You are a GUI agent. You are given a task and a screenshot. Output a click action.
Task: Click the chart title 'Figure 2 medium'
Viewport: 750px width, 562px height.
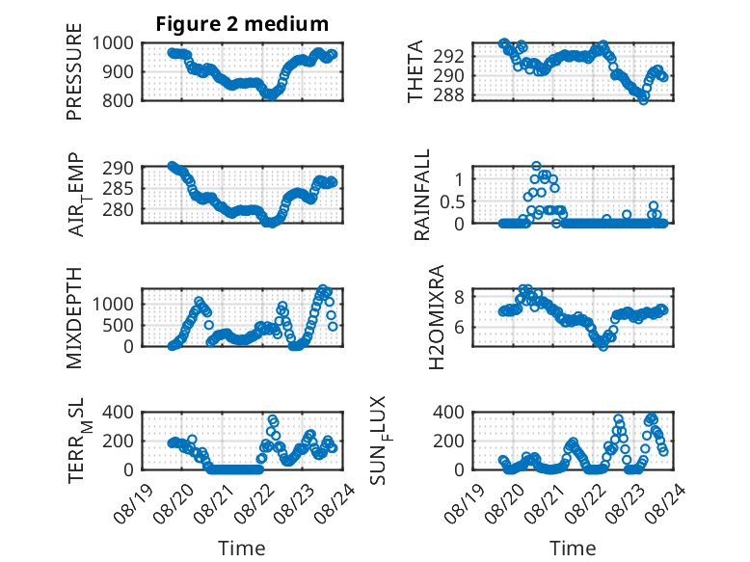click(242, 24)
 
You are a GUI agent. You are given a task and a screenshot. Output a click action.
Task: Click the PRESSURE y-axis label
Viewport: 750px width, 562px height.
click(74, 71)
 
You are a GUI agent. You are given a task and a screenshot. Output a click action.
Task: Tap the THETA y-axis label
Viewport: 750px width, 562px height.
click(415, 71)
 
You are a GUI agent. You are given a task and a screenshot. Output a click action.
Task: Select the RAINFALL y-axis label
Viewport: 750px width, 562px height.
click(422, 195)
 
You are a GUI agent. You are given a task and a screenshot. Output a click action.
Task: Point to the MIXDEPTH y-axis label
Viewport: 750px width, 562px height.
click(74, 318)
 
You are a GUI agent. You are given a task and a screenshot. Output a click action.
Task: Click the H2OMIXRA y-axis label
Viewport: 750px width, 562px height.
click(437, 317)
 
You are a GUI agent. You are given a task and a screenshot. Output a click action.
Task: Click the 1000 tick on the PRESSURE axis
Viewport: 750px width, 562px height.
click(113, 43)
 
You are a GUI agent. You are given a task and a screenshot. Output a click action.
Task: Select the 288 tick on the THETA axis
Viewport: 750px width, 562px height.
click(448, 95)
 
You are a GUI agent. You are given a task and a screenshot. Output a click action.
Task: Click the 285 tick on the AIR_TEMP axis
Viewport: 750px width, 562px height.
click(118, 189)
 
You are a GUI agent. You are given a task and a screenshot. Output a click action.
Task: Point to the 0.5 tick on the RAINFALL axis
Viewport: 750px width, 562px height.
click(452, 201)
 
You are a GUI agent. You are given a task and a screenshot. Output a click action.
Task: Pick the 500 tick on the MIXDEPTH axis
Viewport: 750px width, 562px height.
click(118, 325)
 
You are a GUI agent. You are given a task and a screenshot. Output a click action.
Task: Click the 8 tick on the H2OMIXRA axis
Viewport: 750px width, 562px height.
click(459, 298)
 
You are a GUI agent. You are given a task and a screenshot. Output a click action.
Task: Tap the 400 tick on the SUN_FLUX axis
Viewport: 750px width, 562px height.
click(448, 412)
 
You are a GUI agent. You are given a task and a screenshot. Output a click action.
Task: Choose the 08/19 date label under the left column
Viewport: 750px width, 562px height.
click(134, 503)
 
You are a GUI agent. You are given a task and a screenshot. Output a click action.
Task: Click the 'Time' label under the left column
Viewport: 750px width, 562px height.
click(242, 549)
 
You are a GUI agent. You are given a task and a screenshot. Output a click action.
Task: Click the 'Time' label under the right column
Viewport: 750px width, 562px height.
click(573, 549)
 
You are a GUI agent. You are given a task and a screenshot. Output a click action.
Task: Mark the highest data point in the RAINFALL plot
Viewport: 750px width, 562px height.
click(536, 166)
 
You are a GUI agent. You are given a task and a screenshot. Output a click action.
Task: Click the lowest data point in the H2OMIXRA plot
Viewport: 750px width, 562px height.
click(603, 346)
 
